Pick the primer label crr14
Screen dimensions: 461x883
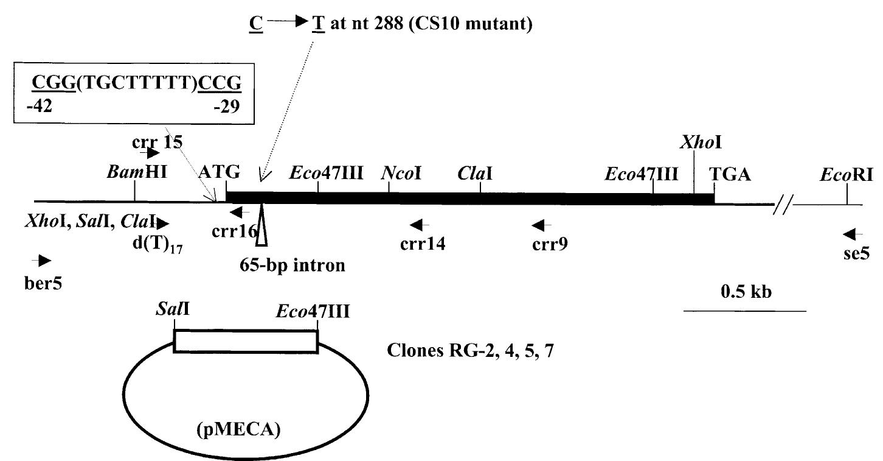422,245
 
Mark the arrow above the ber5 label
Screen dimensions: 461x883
43,261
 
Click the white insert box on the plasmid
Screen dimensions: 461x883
246,340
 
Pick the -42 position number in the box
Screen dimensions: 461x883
40,107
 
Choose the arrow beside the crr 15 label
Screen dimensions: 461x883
150,154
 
